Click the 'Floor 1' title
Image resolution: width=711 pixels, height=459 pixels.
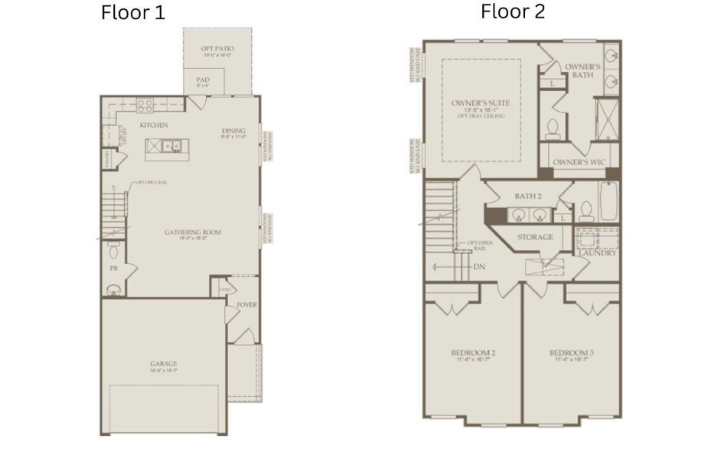(132, 13)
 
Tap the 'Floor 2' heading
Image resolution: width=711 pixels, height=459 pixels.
(513, 11)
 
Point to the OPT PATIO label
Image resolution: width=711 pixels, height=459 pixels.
(217, 49)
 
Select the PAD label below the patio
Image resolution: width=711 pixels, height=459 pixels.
(203, 79)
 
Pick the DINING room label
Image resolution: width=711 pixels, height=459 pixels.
(233, 130)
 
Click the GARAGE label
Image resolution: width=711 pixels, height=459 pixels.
(164, 363)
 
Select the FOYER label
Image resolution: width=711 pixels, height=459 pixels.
(246, 304)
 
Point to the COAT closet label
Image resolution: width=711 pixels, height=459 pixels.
(225, 289)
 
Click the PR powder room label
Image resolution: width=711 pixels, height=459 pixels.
(113, 269)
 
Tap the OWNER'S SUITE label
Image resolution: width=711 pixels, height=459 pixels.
(480, 102)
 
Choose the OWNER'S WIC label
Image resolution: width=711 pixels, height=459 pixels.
(579, 163)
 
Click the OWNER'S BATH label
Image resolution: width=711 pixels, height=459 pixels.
(582, 71)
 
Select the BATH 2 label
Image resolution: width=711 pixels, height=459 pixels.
(528, 197)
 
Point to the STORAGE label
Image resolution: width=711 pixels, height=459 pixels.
(534, 237)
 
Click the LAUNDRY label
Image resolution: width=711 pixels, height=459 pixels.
(598, 252)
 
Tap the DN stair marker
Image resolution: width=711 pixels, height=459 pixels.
(479, 266)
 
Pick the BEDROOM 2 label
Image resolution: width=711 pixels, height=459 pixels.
(472, 353)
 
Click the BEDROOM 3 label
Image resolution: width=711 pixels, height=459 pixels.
(572, 353)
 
